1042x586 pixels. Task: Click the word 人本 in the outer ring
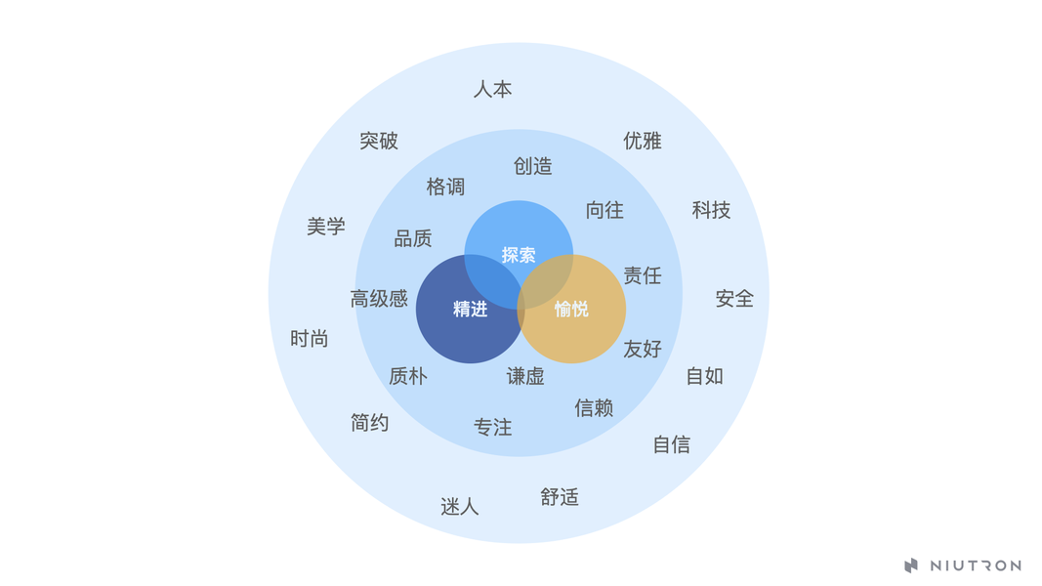(492, 89)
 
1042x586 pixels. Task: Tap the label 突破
(379, 141)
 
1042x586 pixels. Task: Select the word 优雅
(643, 141)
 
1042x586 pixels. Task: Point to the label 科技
(711, 210)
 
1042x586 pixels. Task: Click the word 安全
(734, 299)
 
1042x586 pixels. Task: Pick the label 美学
(326, 227)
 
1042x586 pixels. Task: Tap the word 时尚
(310, 339)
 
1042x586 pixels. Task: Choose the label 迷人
(459, 507)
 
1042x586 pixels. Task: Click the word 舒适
(560, 497)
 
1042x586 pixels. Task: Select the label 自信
(671, 444)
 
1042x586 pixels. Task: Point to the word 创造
(533, 166)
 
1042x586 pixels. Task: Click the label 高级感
(379, 299)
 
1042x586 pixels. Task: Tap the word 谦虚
(525, 376)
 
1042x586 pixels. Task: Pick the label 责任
(643, 275)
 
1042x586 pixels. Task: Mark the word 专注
(492, 427)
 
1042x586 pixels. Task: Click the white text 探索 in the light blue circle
(519, 255)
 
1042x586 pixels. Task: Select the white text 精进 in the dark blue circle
(470, 309)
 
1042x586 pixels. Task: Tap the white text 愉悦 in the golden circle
(571, 309)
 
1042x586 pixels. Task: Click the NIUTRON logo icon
(911, 565)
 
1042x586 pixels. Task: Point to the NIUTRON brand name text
(975, 565)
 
